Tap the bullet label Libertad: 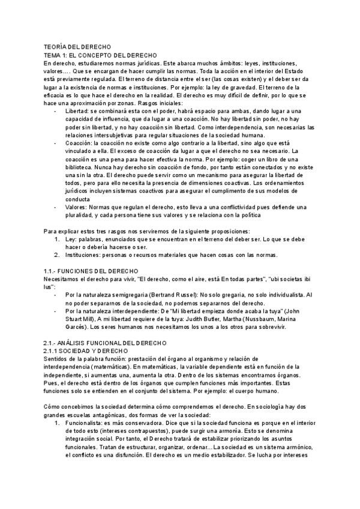click(x=79, y=112)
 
